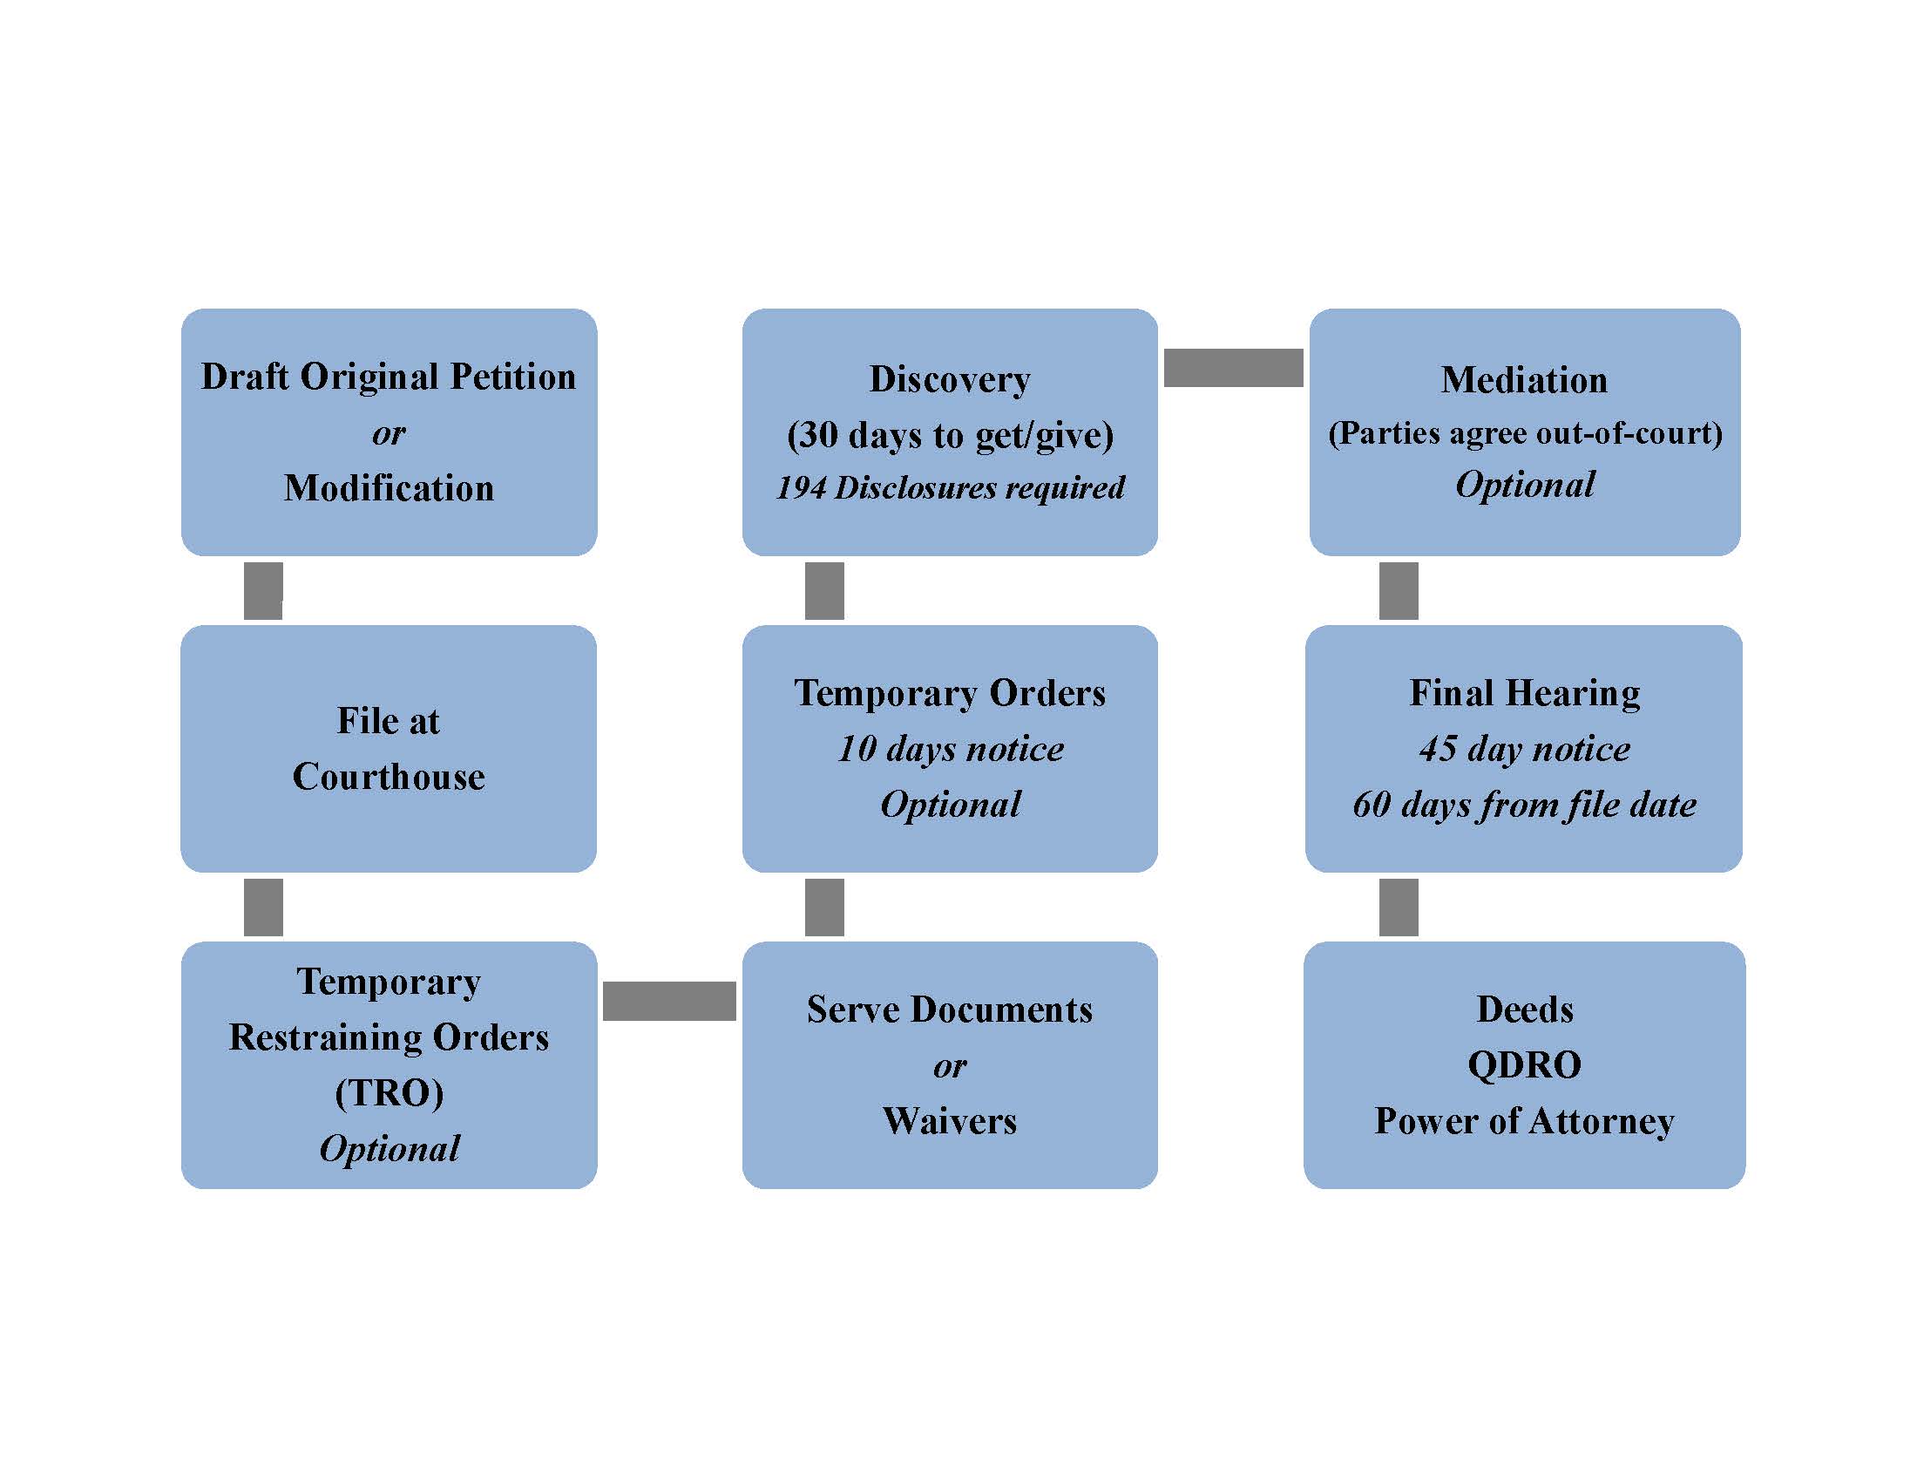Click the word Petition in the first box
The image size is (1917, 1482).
coord(512,377)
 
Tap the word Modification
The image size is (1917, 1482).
coord(389,488)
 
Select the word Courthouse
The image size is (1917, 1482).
coord(389,777)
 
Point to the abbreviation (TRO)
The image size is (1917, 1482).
coord(389,1093)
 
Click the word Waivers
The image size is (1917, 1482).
coord(950,1121)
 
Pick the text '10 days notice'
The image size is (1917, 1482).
coord(951,749)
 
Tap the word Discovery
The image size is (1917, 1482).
coord(950,380)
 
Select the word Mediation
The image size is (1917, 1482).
coord(1525,380)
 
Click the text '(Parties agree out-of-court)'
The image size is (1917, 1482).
coord(1526,434)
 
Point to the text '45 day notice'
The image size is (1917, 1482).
coord(1525,749)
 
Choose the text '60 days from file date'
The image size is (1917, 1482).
coord(1525,806)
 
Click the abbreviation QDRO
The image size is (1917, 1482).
coord(1525,1066)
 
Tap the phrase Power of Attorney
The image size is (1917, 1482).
coord(1525,1122)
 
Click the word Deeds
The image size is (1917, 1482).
coord(1525,1010)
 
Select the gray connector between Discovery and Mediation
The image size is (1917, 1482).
coord(1233,368)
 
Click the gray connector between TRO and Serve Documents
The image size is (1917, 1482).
coord(669,1001)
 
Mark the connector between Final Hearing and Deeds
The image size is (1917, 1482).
coord(1399,907)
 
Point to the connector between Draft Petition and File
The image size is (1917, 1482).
coord(263,591)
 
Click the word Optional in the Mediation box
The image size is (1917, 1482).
coord(1525,486)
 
